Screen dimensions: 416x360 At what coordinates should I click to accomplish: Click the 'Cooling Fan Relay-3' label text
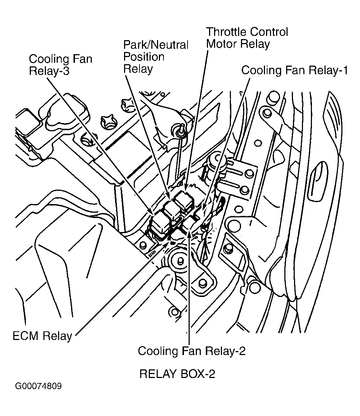coord(60,64)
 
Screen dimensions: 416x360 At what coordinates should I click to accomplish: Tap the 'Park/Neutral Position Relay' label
coord(156,57)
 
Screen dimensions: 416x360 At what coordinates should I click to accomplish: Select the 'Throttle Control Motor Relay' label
coord(247,38)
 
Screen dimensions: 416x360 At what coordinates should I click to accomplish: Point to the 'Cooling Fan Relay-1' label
coord(294,70)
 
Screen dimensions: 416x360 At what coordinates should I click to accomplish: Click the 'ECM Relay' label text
coord(42,336)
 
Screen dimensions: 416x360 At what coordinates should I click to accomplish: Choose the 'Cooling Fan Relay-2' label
coord(191,351)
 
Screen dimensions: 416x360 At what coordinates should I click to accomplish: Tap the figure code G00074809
coord(38,387)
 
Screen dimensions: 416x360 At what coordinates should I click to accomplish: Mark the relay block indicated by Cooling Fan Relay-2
coord(189,224)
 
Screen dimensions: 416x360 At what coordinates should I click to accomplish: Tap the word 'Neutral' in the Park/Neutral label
coord(170,45)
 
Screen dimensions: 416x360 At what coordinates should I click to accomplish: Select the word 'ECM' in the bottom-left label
coord(26,336)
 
